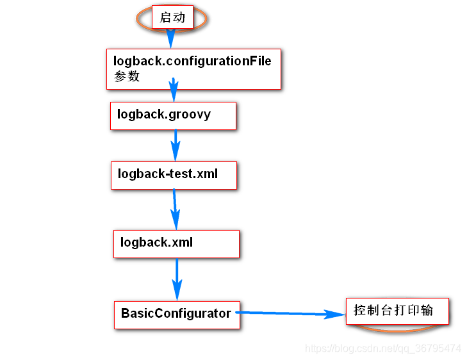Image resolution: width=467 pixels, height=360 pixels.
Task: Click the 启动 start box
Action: tap(172, 17)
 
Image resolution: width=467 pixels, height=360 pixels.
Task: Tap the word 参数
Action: tap(126, 76)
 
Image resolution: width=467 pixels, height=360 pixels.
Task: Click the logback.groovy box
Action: tap(173, 115)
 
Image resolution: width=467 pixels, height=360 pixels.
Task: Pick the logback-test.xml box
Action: tap(174, 174)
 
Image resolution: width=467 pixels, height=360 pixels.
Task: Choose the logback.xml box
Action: tap(176, 243)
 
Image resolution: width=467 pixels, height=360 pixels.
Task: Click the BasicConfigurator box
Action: tap(176, 314)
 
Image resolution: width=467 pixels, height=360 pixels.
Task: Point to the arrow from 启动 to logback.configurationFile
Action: tap(170, 39)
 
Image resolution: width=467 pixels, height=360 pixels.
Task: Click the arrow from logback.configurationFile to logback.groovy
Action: tap(174, 90)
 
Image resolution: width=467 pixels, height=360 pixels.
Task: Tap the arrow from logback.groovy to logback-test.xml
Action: tap(175, 145)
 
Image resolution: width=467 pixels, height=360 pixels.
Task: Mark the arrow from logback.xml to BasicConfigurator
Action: tap(177, 279)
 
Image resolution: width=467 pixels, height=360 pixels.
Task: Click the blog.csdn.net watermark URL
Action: tap(382, 348)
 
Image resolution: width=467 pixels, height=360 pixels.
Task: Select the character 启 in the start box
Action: tap(165, 17)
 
